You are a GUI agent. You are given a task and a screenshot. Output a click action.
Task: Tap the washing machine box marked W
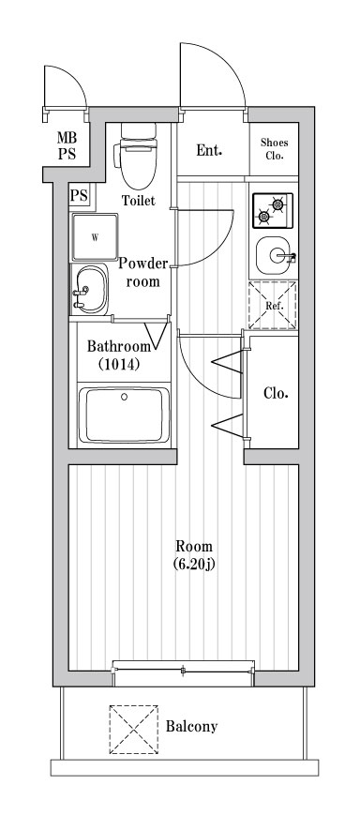[94, 237]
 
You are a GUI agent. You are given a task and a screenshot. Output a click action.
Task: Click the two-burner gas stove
[272, 210]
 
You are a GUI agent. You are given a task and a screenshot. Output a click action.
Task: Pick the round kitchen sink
[274, 254]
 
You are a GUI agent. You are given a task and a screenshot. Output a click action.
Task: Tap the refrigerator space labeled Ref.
[272, 305]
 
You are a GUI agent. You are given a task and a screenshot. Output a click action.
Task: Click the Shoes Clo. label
[275, 148]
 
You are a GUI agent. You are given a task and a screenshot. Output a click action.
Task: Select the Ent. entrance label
[208, 150]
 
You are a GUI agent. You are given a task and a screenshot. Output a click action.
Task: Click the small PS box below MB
[79, 196]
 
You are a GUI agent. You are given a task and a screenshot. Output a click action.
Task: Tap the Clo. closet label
[276, 393]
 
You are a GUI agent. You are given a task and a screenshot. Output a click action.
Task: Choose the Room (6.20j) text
[194, 555]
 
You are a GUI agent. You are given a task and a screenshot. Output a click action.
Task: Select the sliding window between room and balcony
[184, 669]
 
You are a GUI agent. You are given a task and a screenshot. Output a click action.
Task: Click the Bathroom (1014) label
[113, 355]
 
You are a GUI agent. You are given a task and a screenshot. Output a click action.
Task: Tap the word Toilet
[139, 200]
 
